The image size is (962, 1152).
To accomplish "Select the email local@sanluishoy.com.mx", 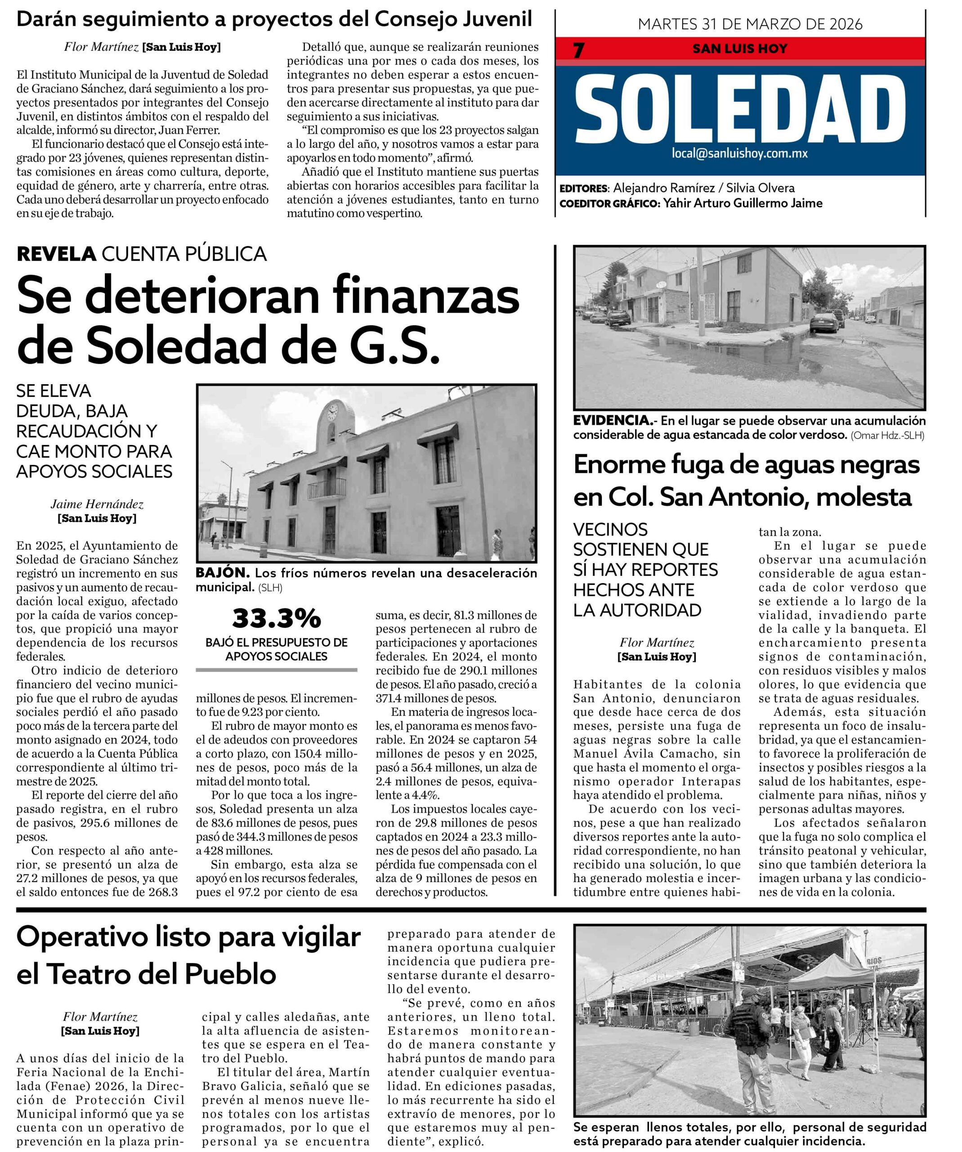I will click(x=739, y=153).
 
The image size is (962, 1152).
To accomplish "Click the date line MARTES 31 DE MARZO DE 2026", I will click(x=750, y=24).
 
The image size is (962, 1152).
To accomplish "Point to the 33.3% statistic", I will click(x=276, y=618).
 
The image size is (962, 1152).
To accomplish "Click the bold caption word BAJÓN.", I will click(x=223, y=573).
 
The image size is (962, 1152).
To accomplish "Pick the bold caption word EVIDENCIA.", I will click(x=612, y=421).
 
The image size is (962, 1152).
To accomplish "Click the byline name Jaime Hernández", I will click(x=97, y=504).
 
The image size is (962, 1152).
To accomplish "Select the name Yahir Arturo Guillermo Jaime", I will click(x=743, y=203).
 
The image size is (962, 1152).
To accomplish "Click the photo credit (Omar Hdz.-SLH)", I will click(x=887, y=436).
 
